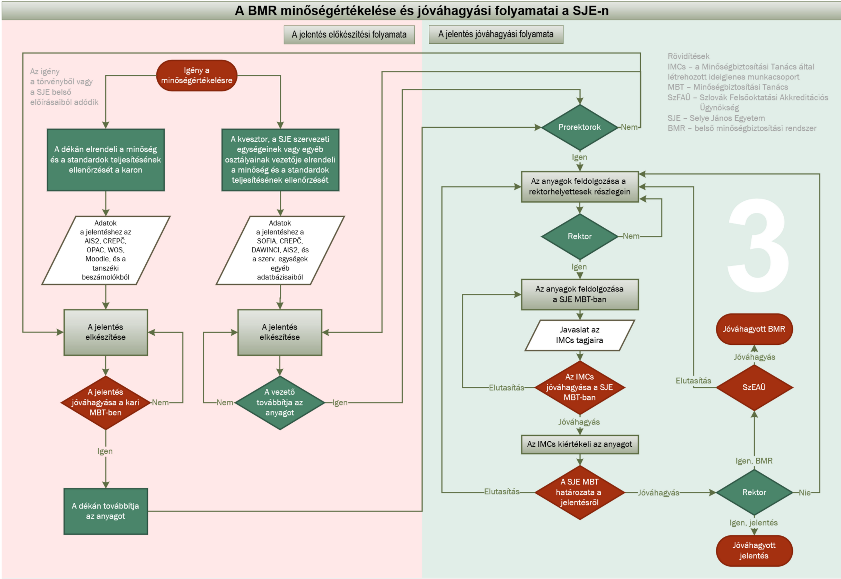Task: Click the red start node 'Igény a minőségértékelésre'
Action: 196,75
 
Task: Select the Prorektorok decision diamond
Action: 579,127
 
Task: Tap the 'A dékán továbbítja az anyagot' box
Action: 105,511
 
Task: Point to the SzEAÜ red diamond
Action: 754,387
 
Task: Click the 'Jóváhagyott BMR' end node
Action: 754,329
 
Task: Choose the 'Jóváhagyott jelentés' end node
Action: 754,550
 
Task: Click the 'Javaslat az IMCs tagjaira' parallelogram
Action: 579,335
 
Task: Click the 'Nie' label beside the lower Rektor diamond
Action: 804,493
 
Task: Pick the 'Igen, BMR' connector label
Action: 754,461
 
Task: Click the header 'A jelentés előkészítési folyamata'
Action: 349,35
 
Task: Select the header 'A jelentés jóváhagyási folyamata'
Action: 495,34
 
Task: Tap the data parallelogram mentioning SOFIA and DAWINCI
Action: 280,250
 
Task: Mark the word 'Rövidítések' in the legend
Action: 688,56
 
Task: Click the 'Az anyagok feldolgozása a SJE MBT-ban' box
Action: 579,294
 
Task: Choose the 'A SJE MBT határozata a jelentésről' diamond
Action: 579,492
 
